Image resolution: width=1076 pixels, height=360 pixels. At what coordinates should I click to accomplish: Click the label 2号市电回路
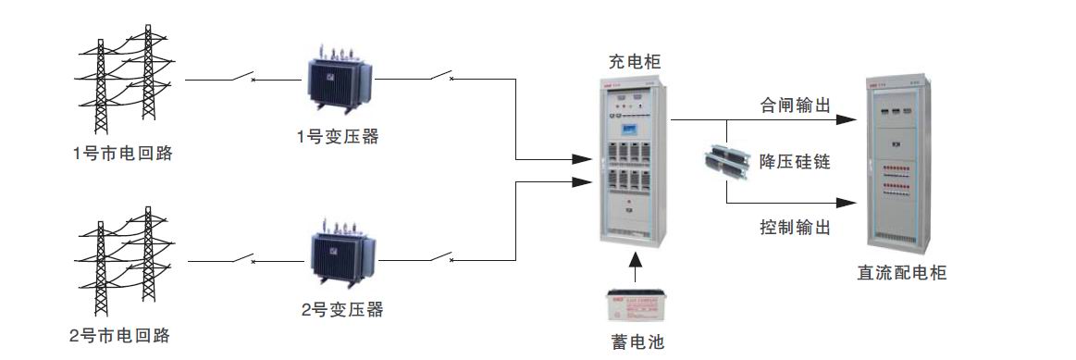(x=122, y=333)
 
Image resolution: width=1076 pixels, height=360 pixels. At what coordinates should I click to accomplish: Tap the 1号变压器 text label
(x=338, y=136)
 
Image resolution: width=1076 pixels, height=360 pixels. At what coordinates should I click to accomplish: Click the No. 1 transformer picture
(x=340, y=81)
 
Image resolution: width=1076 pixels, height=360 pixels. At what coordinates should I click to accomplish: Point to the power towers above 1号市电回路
(x=123, y=77)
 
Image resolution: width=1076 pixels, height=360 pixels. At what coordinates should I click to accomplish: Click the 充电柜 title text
(x=635, y=63)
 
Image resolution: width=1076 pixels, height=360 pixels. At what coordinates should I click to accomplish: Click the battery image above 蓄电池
(x=634, y=306)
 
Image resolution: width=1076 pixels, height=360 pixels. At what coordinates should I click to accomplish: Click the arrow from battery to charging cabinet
(x=634, y=269)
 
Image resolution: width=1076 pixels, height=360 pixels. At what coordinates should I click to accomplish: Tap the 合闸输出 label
(x=793, y=105)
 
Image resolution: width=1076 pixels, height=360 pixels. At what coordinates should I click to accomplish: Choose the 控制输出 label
(x=793, y=227)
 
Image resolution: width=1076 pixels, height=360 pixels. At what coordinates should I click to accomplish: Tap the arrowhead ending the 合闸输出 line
(x=845, y=119)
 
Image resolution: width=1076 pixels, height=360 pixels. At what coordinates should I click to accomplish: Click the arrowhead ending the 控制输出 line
(x=845, y=202)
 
